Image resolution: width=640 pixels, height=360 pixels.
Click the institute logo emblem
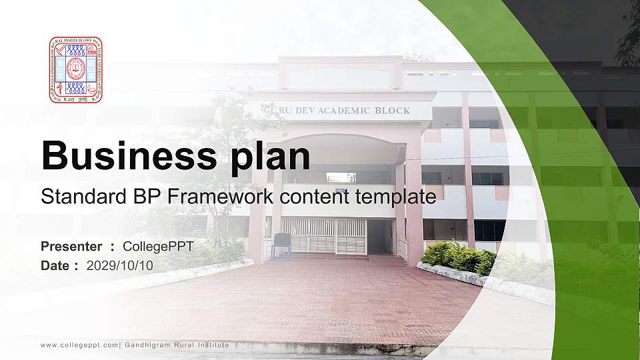tap(75, 69)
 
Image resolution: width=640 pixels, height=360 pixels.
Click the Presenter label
tap(71, 247)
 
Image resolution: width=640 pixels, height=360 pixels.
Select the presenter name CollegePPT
tap(158, 247)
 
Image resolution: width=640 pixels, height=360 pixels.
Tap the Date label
tap(56, 265)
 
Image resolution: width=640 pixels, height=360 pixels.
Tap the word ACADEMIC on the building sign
tap(339, 110)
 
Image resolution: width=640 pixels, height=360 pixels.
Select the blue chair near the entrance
tap(281, 245)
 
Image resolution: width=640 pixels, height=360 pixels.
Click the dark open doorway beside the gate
tap(380, 236)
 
